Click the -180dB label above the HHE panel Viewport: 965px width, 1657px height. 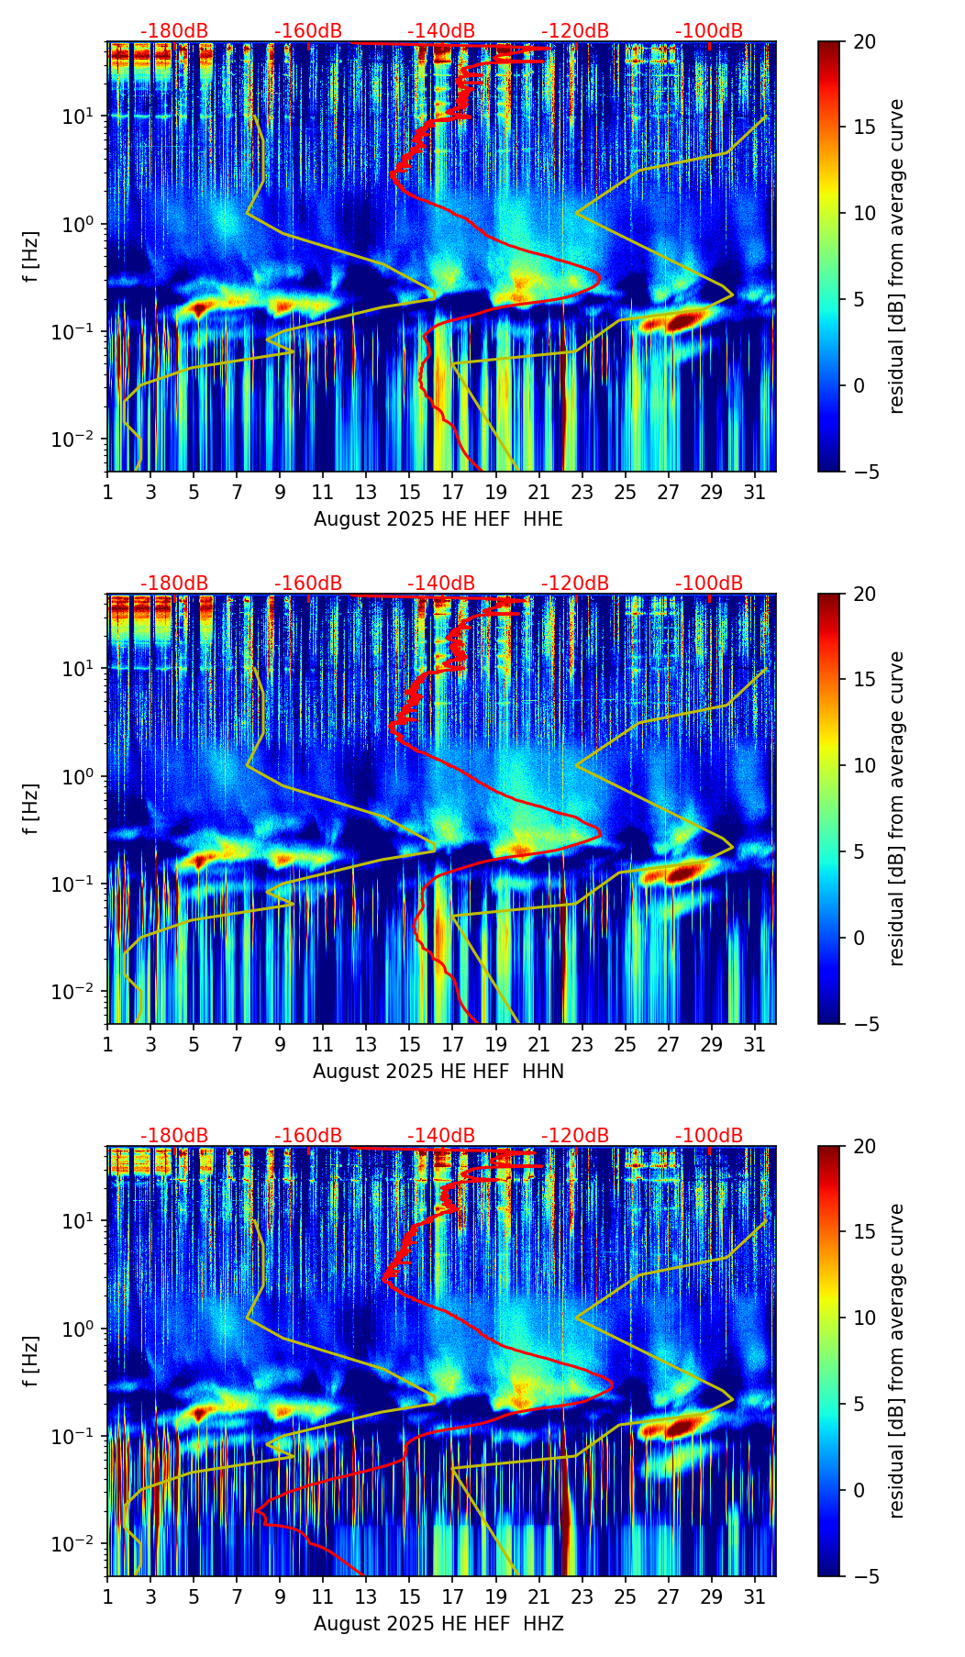174,31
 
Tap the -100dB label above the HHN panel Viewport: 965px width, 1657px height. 709,584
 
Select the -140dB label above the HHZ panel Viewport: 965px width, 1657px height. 441,1136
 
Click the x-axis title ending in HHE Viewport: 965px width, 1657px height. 438,519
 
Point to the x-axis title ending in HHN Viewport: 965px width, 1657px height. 438,1072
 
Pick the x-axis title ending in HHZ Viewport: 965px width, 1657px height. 438,1624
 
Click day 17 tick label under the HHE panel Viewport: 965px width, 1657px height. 452,492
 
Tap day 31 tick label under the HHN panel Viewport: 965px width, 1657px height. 754,1044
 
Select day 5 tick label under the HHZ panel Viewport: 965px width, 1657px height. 194,1596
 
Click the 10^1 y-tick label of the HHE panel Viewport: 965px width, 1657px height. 84,117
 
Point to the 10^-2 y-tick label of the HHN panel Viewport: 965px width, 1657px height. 82,992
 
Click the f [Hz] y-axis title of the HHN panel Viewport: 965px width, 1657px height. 32,808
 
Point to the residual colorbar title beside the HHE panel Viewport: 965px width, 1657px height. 896,256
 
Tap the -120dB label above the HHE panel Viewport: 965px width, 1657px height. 575,31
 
